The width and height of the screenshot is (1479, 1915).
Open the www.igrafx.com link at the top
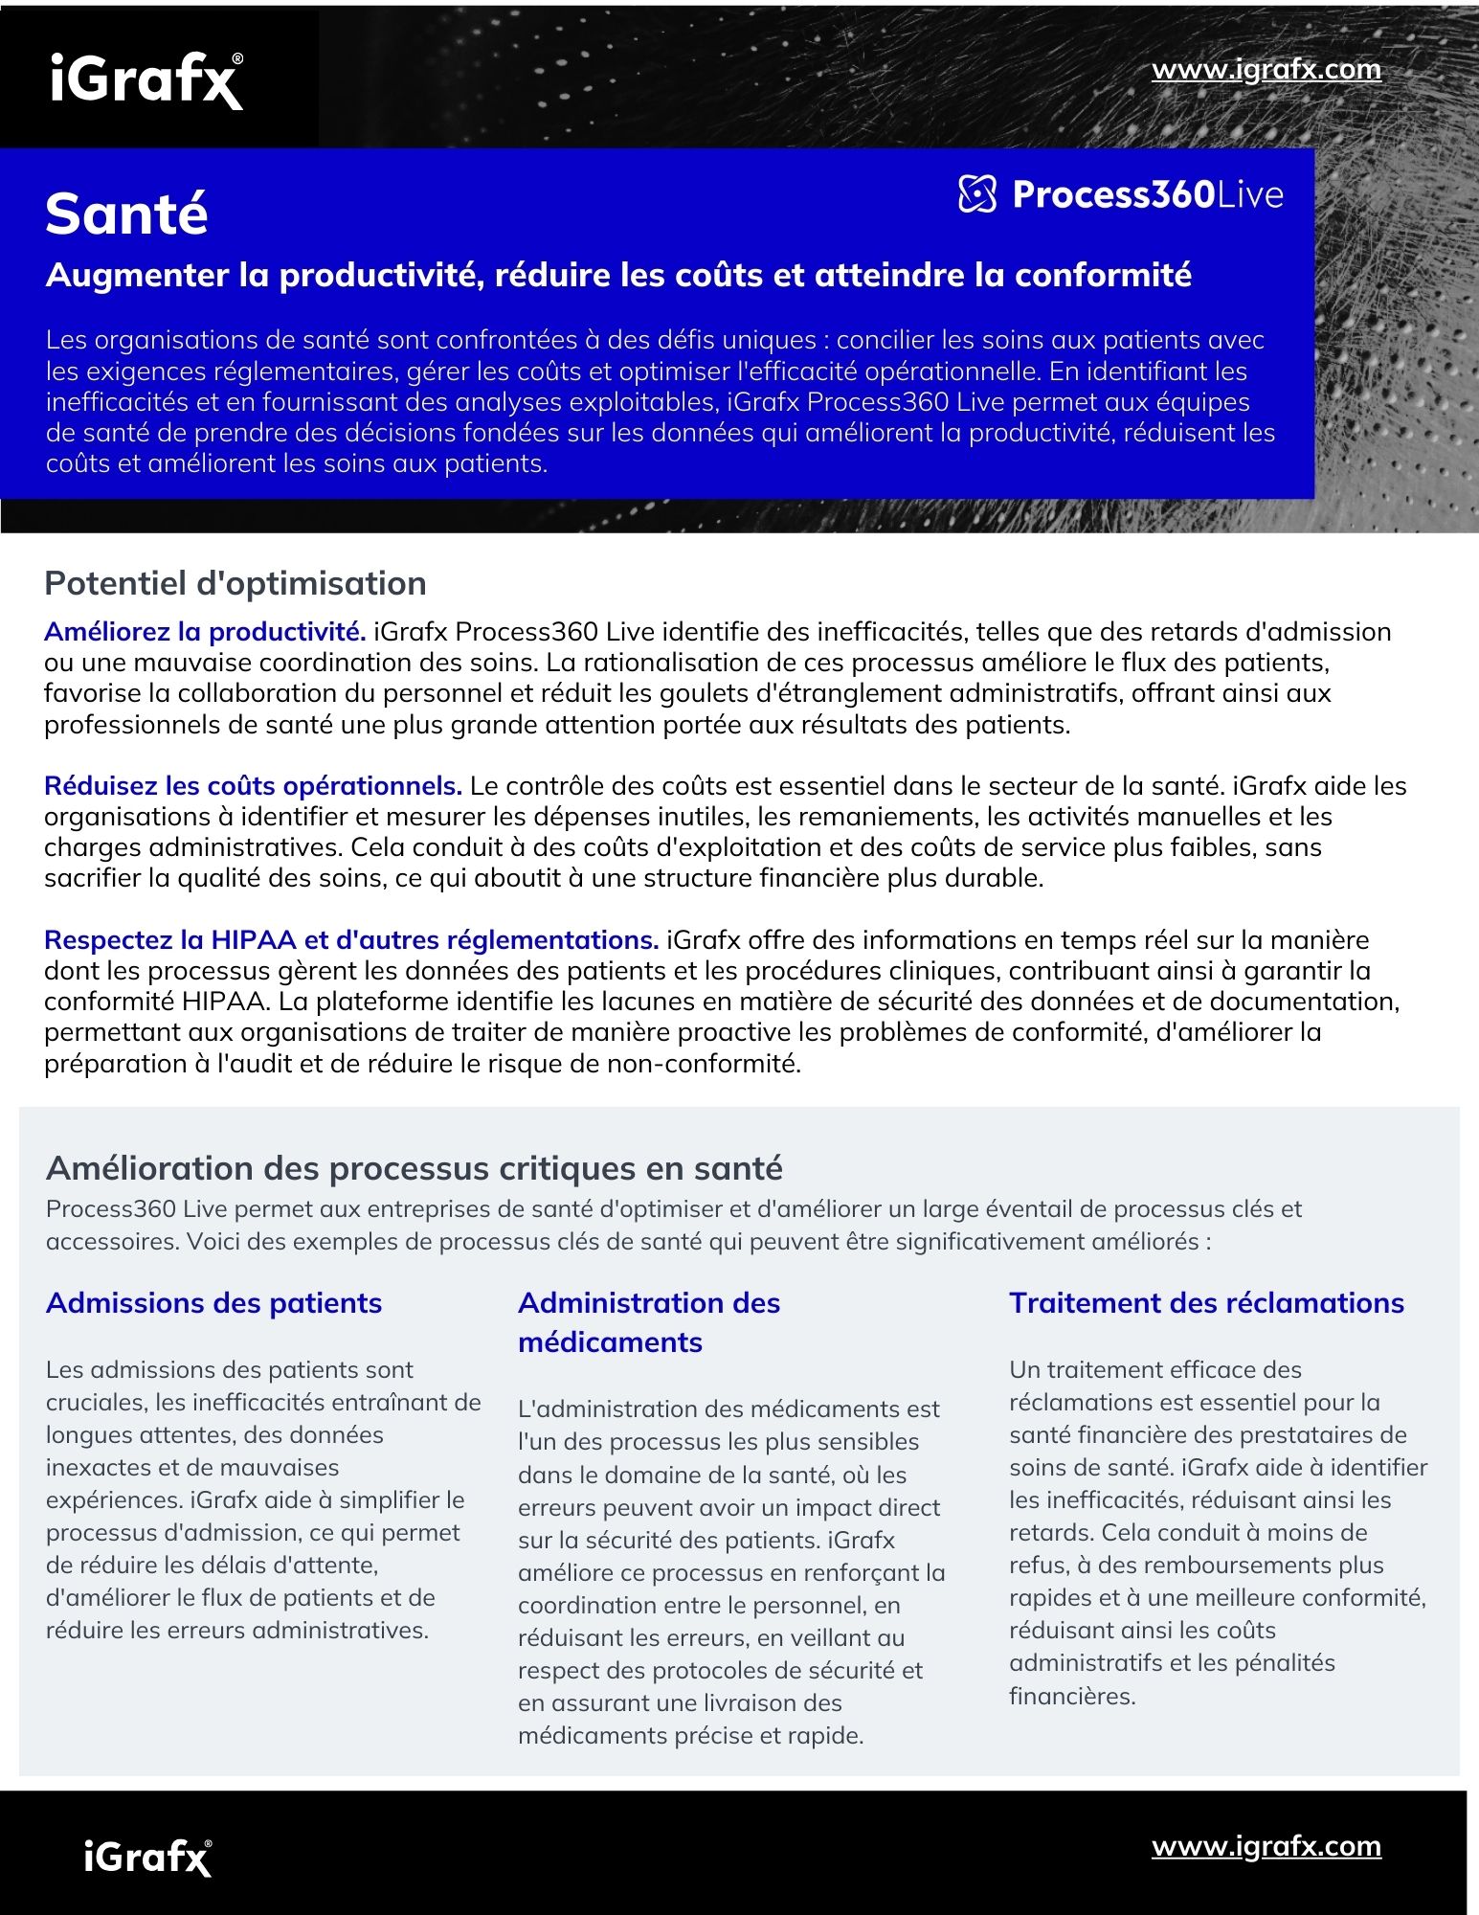tap(1266, 70)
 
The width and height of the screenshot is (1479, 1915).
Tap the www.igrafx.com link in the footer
tap(1266, 1845)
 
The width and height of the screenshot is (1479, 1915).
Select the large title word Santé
tap(126, 214)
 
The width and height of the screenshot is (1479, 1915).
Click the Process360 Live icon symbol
tap(977, 194)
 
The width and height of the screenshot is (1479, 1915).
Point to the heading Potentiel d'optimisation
tap(235, 583)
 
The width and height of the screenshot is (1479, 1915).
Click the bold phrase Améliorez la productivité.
tap(205, 632)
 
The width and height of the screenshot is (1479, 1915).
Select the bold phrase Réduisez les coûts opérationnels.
tap(253, 786)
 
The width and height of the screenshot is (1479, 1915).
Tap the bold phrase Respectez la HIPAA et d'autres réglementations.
tap(350, 940)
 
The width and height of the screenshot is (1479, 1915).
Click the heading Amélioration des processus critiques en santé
tap(414, 1168)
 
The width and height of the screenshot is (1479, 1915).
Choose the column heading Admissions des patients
tap(213, 1303)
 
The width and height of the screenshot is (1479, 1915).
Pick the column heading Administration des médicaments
tap(648, 1322)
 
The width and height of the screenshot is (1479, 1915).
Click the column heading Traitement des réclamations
tap(1206, 1303)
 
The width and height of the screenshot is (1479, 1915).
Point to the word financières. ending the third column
tap(1072, 1696)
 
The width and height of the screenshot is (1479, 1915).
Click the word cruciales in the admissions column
tap(94, 1403)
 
